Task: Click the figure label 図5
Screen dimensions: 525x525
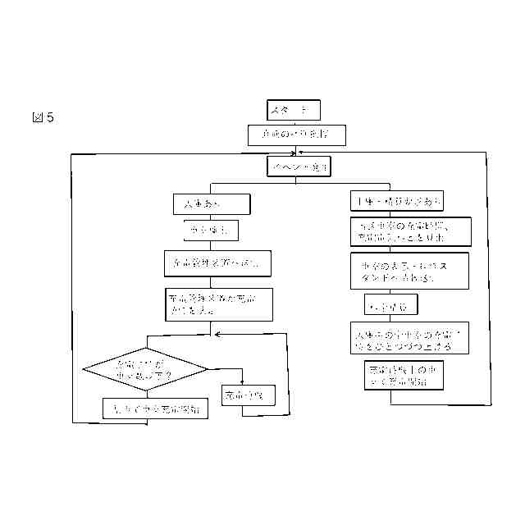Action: point(42,117)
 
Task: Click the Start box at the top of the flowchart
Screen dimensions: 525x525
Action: point(294,109)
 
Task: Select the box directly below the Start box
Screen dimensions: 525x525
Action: point(291,134)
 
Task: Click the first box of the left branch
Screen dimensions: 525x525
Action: point(211,203)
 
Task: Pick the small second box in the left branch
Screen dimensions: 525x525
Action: point(212,231)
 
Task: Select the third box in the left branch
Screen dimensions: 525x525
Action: point(217,263)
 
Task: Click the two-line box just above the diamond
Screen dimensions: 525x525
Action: point(217,303)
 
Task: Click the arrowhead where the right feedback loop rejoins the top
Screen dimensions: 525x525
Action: point(303,152)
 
